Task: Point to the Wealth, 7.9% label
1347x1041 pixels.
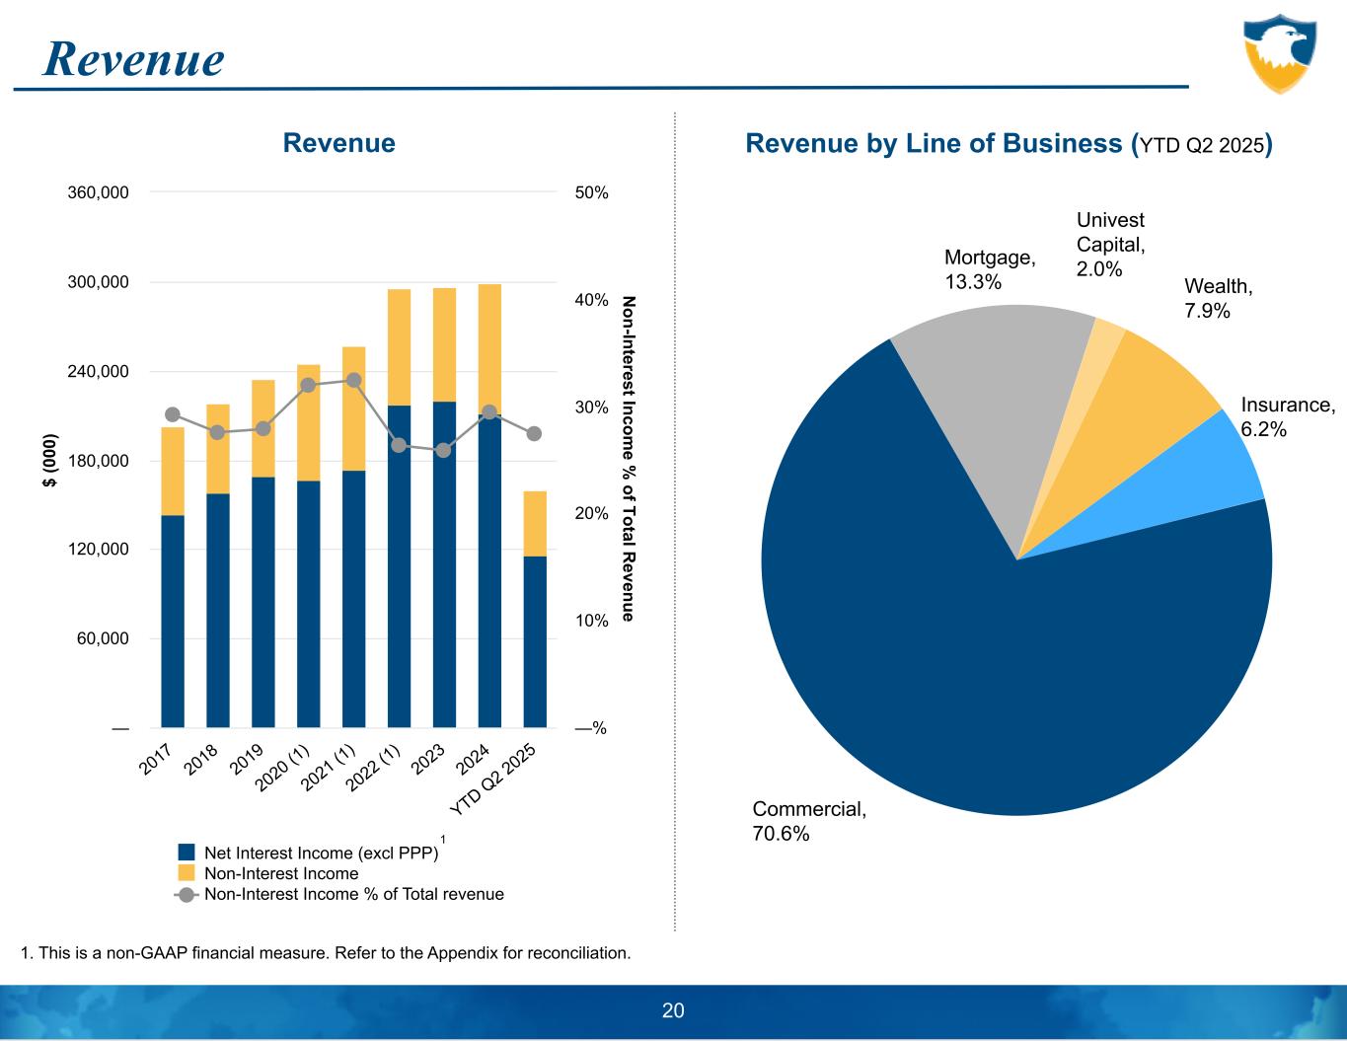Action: (1218, 298)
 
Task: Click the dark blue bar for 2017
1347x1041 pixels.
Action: (173, 622)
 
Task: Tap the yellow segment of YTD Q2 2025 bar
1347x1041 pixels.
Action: (535, 523)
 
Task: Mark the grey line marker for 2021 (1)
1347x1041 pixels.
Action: (353, 380)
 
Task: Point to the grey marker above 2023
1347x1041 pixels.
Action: (444, 450)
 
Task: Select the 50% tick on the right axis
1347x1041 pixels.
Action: (591, 192)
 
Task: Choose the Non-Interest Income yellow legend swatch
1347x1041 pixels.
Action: (187, 873)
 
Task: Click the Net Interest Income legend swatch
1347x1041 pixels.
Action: (187, 853)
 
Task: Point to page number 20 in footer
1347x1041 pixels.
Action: (673, 1010)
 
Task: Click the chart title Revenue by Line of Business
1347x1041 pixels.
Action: (1007, 144)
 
